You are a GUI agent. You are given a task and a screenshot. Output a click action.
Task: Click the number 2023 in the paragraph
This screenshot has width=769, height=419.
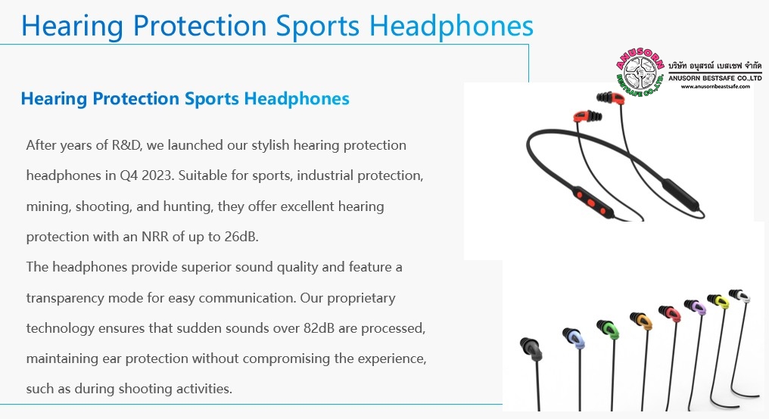point(157,175)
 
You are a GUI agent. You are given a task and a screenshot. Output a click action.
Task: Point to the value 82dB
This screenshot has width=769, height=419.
point(319,327)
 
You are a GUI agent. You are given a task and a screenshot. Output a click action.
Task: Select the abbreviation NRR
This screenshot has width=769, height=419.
point(155,237)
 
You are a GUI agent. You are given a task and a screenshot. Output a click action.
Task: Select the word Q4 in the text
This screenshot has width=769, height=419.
point(129,175)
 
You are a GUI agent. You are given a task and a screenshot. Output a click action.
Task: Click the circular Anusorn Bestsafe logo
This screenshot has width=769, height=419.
point(640,73)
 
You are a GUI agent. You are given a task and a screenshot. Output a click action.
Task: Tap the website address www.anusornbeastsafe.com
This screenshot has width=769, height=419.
point(715,86)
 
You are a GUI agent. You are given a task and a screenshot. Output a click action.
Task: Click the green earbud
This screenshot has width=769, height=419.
point(608,329)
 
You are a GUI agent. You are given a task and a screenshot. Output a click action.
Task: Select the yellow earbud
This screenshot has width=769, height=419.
point(718,300)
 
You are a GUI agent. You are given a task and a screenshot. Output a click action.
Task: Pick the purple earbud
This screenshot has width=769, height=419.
point(695,306)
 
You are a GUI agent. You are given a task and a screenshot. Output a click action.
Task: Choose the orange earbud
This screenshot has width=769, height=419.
point(642,320)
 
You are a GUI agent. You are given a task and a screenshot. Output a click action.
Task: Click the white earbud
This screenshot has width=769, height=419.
point(739,296)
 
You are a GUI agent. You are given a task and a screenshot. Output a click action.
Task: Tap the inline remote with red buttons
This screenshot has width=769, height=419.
point(593,202)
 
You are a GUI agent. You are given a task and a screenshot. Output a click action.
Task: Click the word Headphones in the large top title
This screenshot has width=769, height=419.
point(451,26)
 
